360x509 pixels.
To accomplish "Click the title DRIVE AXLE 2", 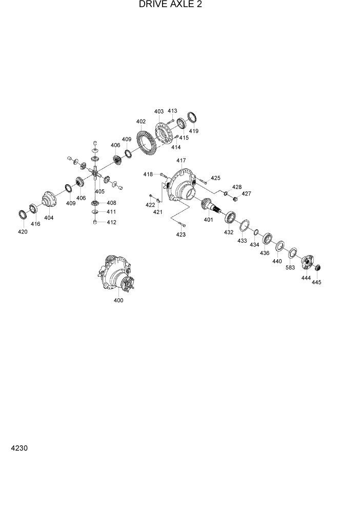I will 170,5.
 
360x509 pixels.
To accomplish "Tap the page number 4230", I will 18,448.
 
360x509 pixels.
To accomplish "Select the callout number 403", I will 158,111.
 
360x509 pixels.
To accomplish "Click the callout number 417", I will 181,161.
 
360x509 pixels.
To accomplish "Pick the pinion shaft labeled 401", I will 212,206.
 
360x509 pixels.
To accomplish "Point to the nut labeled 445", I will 317,268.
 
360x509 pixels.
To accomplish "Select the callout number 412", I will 111,222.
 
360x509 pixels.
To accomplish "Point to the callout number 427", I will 246,193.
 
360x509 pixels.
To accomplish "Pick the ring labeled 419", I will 192,118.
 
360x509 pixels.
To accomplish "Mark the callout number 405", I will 99,191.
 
